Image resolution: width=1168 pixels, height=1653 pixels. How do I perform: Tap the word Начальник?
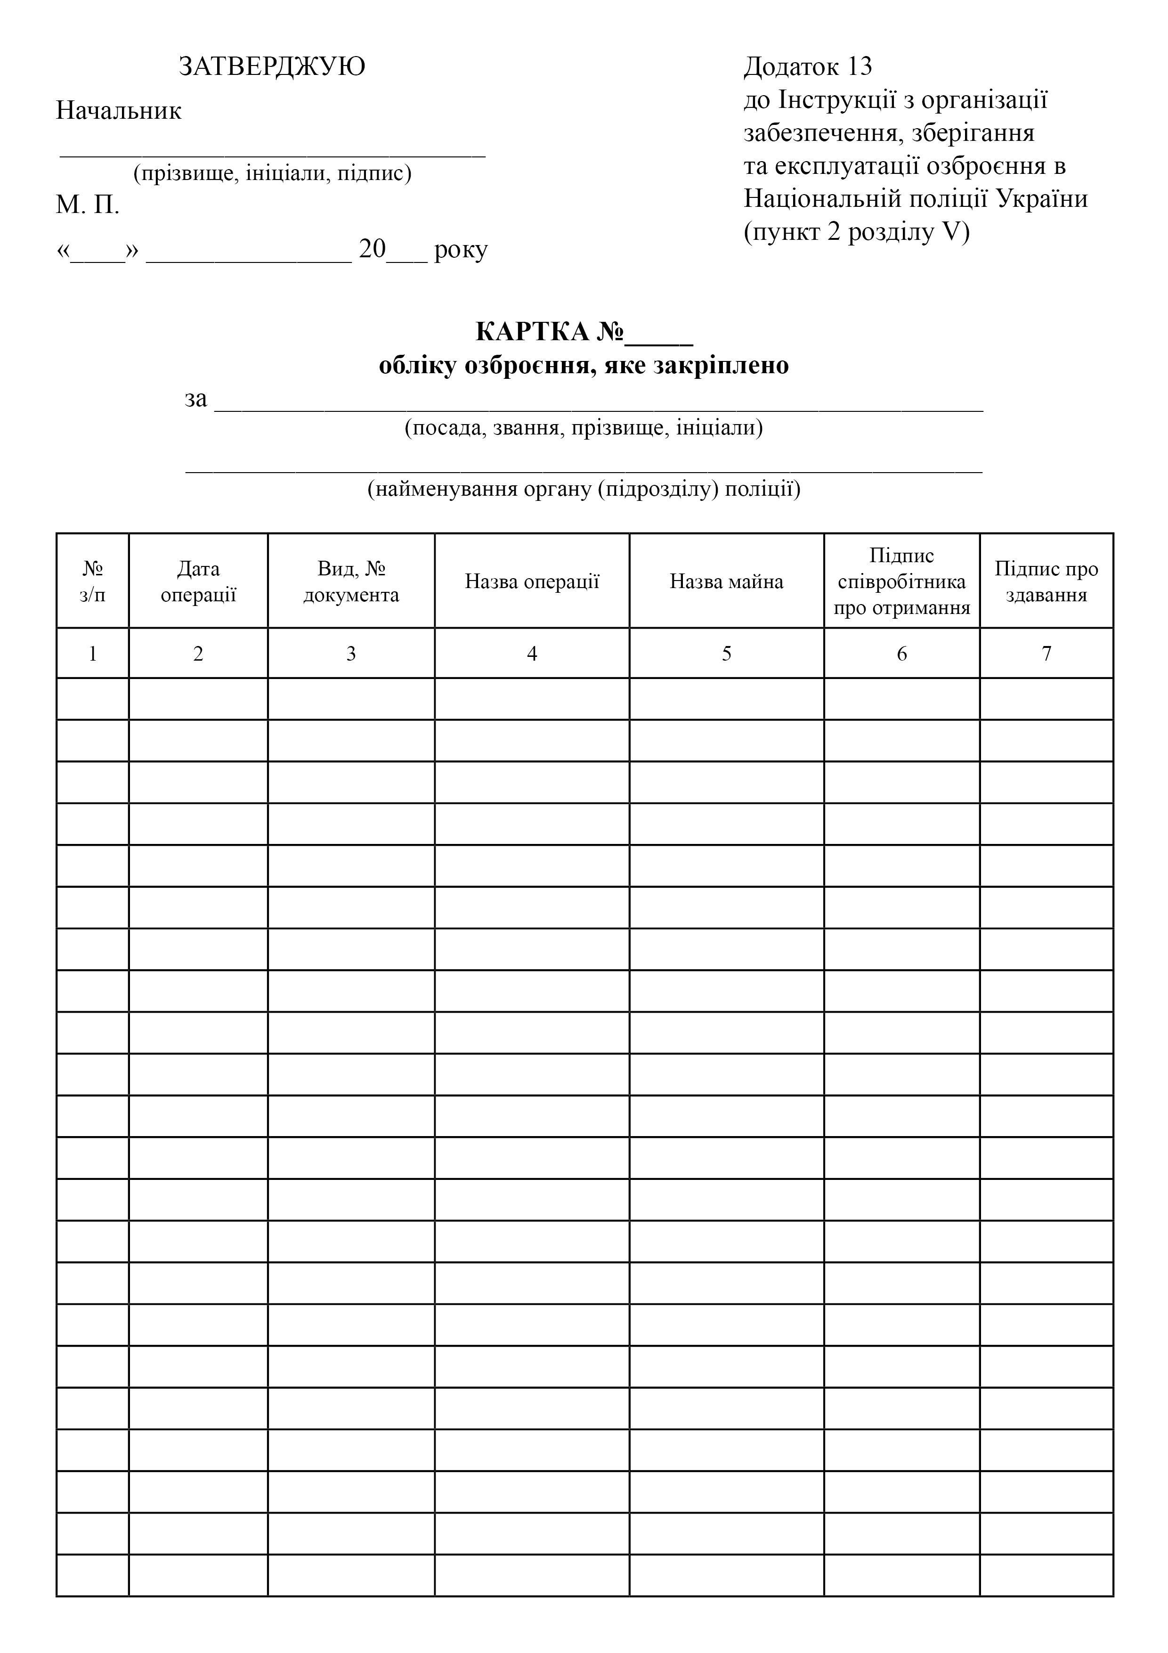[x=119, y=111]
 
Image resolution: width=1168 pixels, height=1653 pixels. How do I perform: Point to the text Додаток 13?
[x=807, y=66]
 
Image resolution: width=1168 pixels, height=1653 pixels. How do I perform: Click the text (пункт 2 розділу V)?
[x=856, y=232]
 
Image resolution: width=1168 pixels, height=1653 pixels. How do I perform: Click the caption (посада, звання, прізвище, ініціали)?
[x=584, y=428]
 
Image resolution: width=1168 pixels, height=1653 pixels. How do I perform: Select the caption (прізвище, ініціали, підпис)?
[x=272, y=173]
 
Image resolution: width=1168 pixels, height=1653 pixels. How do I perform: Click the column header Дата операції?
[x=198, y=582]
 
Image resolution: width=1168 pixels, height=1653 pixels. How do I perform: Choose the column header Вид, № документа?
[x=351, y=582]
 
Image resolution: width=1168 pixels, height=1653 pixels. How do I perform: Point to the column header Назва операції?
[x=532, y=582]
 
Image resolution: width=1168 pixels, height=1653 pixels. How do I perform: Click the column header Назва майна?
[x=726, y=582]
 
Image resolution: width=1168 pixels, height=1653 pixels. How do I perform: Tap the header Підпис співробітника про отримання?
[x=902, y=582]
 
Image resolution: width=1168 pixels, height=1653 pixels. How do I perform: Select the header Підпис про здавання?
[x=1046, y=582]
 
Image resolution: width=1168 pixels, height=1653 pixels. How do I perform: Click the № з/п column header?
[x=93, y=582]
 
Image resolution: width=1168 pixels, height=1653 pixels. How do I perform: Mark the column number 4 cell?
[x=532, y=653]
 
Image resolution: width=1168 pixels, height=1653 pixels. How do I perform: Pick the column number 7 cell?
[x=1046, y=653]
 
